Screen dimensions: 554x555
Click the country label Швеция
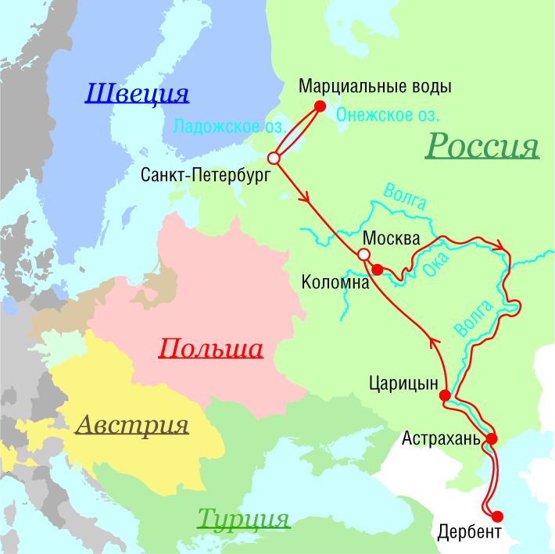[x=137, y=95]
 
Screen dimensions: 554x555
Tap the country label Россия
[x=482, y=145]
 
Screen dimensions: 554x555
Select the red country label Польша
[x=210, y=348]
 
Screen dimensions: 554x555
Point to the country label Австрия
[x=132, y=425]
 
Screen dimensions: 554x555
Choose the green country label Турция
[x=243, y=518]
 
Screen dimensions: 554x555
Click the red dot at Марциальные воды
[x=319, y=106]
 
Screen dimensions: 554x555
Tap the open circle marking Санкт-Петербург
[x=274, y=158]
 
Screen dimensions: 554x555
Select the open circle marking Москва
[x=363, y=255]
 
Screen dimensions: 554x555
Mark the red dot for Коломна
[x=377, y=270]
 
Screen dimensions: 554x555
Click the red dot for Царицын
[x=445, y=396]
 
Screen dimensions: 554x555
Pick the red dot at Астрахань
[x=491, y=438]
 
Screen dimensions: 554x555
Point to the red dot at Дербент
[x=498, y=515]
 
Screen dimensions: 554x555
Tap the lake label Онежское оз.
[x=388, y=115]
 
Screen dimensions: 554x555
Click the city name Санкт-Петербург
[x=205, y=176]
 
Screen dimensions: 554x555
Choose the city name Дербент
[x=466, y=534]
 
